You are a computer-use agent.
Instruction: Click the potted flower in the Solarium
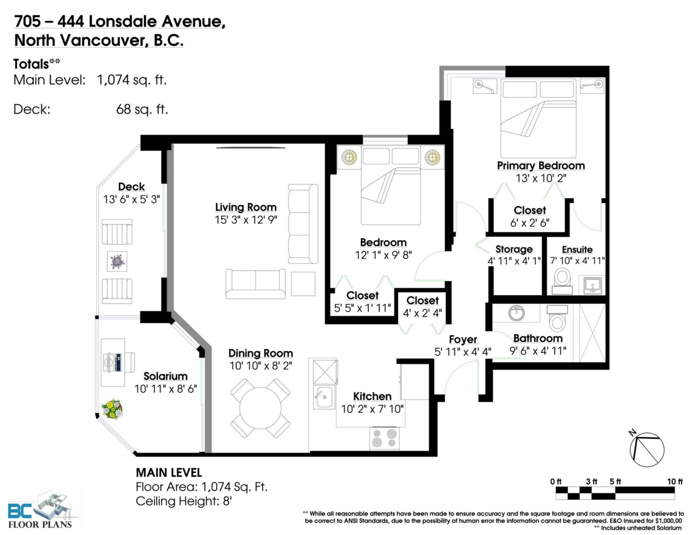pos(112,409)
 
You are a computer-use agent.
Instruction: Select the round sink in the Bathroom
pos(517,314)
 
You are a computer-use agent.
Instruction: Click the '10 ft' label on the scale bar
pos(673,481)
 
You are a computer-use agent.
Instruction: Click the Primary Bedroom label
pos(541,166)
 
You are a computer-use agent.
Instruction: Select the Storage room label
pos(514,249)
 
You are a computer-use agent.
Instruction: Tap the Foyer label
pos(463,340)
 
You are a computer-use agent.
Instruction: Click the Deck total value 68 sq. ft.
pos(142,109)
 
